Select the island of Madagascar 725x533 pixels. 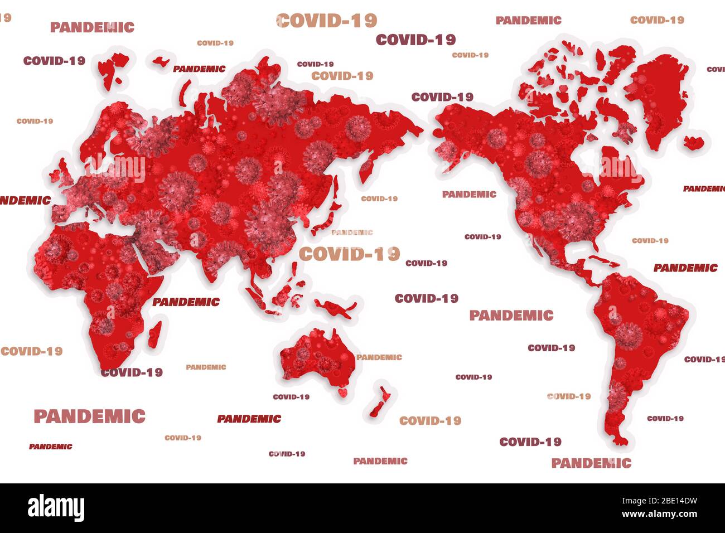[156, 335]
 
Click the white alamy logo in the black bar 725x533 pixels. [56, 508]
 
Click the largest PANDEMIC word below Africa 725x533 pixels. [89, 416]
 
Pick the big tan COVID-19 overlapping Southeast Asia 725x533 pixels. [349, 254]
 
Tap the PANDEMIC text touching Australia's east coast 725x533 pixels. [379, 357]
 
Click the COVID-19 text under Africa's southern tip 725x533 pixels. [132, 372]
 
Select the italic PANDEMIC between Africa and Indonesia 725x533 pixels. [186, 302]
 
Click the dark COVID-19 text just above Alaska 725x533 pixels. [442, 97]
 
